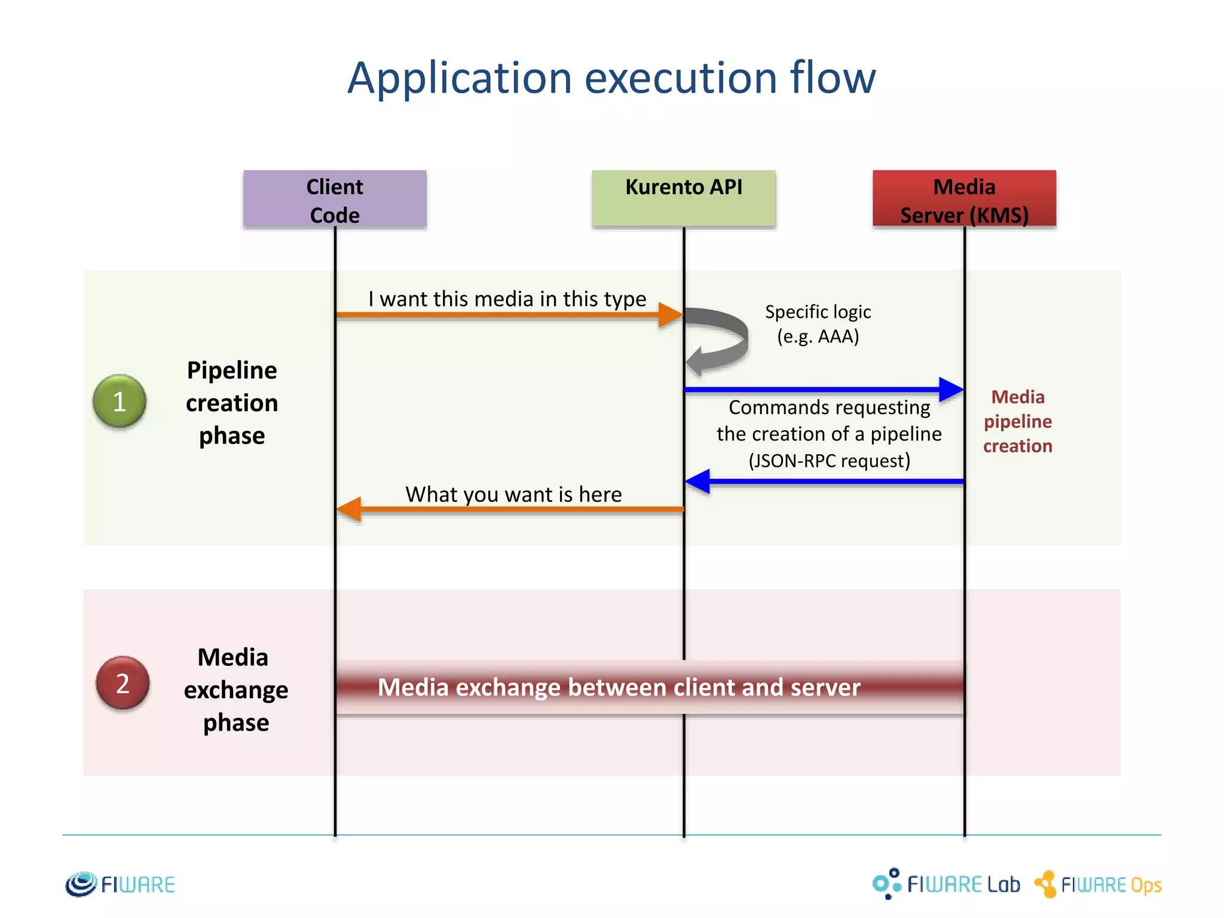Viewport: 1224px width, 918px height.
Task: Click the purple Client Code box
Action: click(335, 200)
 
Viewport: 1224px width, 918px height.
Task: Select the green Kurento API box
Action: click(683, 200)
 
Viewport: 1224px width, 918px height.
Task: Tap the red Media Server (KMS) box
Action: click(964, 200)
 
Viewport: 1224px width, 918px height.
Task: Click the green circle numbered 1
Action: click(120, 401)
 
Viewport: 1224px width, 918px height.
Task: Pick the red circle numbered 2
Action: click(123, 683)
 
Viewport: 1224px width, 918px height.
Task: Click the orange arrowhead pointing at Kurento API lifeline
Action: click(671, 314)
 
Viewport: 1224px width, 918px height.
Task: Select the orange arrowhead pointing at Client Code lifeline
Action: click(350, 509)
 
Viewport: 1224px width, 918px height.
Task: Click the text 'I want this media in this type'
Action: click(507, 298)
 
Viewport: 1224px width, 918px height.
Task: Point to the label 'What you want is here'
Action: click(513, 494)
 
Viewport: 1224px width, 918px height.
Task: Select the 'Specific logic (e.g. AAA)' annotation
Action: click(818, 324)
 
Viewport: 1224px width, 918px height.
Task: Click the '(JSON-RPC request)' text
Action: click(829, 461)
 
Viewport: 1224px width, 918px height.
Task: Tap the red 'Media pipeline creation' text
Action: click(1017, 421)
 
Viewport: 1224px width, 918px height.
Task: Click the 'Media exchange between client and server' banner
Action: click(619, 687)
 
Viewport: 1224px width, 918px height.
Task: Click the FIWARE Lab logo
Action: click(947, 884)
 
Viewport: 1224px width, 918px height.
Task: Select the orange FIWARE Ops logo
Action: click(1098, 885)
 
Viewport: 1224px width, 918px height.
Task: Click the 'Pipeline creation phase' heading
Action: click(232, 402)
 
